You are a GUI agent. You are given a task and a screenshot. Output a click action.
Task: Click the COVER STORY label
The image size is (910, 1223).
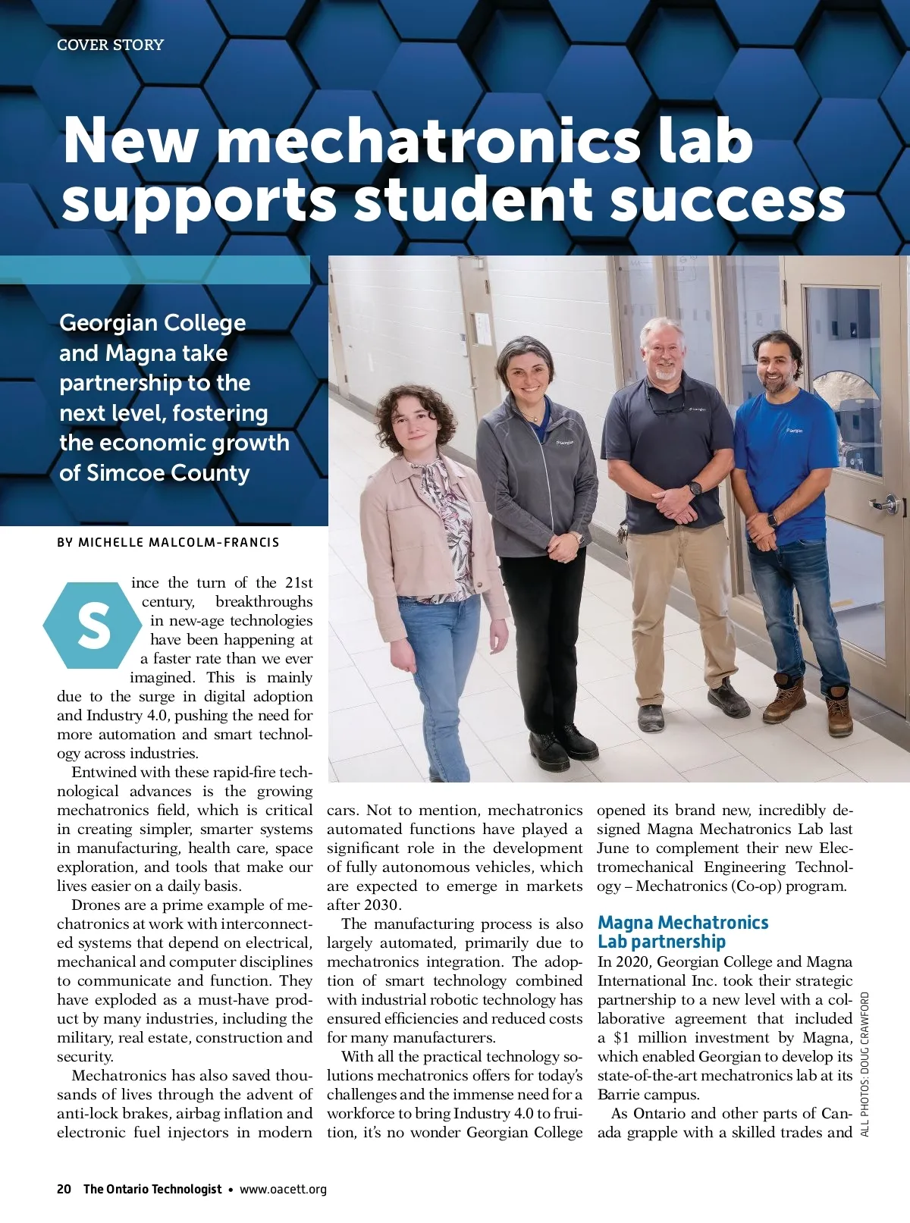110,45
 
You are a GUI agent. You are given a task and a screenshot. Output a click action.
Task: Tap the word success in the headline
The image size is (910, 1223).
727,199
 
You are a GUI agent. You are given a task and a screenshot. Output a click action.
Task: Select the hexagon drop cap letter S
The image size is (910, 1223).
93,626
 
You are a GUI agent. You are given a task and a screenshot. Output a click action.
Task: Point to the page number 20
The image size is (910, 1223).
64,1189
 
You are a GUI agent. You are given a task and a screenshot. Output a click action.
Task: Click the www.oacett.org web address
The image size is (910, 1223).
283,1189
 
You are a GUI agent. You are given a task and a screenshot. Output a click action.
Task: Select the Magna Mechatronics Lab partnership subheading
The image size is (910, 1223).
682,932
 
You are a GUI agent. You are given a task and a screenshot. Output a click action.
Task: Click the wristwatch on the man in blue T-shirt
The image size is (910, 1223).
773,521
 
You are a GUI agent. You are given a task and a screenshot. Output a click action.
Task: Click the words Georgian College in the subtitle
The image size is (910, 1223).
152,323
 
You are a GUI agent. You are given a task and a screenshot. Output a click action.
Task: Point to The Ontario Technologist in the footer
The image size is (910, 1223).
152,1189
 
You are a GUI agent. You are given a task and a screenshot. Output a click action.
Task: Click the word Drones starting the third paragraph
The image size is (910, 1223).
95,905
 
